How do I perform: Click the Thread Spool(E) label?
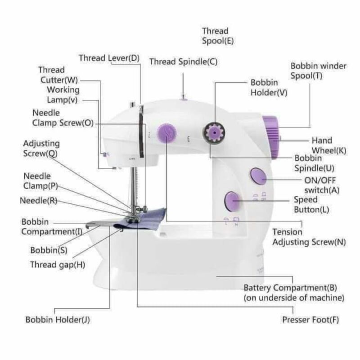click(218, 36)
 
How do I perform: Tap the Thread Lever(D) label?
click(109, 58)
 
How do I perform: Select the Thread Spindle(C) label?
click(183, 62)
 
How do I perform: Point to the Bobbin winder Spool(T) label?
click(318, 71)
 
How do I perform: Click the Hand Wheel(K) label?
click(329, 145)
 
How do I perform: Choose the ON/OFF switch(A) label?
click(322, 185)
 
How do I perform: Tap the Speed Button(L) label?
click(311, 205)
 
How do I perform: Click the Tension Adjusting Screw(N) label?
click(309, 237)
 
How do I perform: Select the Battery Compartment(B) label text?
click(290, 288)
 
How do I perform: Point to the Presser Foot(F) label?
click(310, 319)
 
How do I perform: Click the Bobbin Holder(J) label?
click(58, 319)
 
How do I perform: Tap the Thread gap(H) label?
click(58, 265)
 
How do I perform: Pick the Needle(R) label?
click(39, 200)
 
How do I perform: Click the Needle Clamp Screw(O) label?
click(63, 118)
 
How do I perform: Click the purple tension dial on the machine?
click(166, 133)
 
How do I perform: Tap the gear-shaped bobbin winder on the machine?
click(214, 133)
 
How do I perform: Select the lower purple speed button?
click(232, 201)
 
